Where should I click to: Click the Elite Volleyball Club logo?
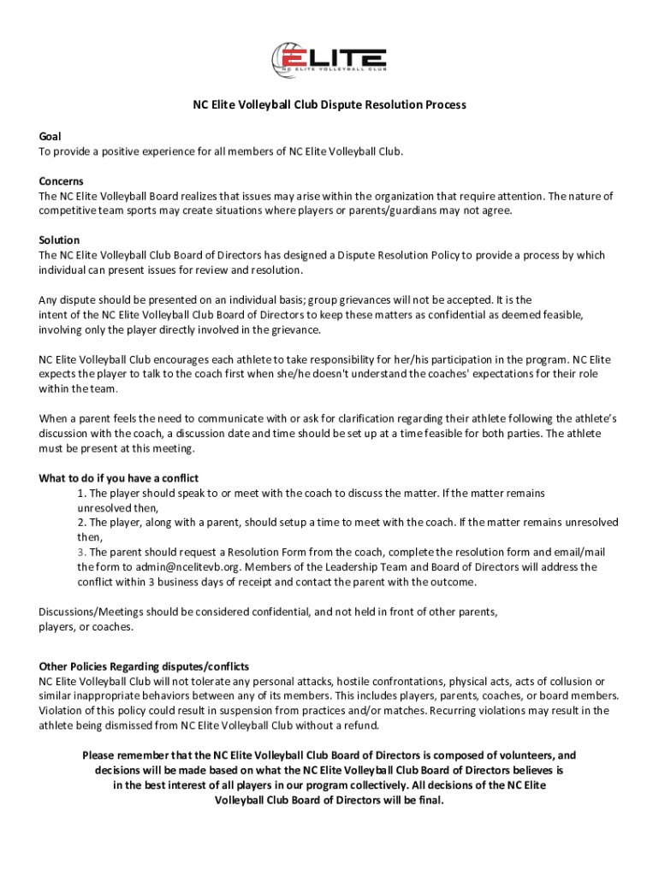[329, 58]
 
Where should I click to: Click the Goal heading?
[50, 137]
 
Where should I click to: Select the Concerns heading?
[61, 181]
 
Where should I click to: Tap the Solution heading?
[59, 240]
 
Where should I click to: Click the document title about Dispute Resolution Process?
[329, 105]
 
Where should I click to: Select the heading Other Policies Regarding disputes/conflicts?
[144, 666]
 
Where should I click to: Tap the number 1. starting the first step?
[81, 494]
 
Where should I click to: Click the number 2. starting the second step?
[81, 522]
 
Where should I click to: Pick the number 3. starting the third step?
[81, 552]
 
